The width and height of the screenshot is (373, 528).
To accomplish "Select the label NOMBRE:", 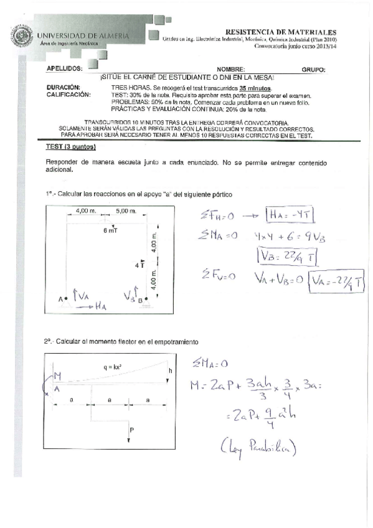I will [x=231, y=70].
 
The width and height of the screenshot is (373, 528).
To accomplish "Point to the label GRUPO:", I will [x=313, y=70].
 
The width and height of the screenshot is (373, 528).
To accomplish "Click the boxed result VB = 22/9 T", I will [x=281, y=255].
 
